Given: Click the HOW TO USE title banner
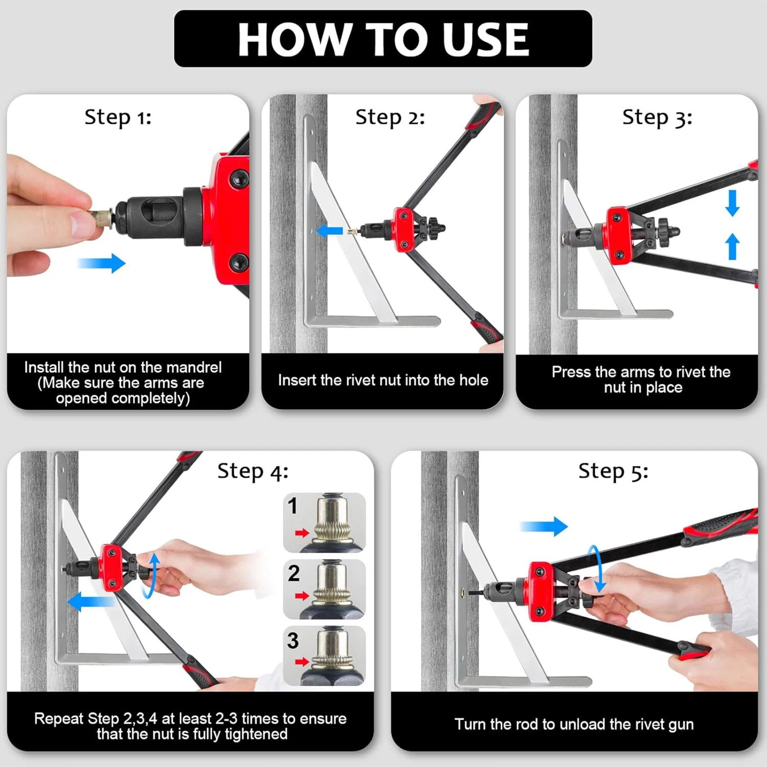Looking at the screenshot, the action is click(383, 39).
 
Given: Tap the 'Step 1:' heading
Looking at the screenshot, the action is click(118, 118).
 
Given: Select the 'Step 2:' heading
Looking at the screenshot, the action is click(390, 118).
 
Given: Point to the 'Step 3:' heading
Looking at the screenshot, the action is click(657, 118).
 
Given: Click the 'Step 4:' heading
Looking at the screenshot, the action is click(253, 471).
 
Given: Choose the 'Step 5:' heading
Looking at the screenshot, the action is click(613, 471).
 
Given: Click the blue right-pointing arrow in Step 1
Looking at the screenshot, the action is click(101, 263).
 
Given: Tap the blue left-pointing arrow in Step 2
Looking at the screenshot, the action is click(329, 230).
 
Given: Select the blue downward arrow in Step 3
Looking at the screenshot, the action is click(732, 203).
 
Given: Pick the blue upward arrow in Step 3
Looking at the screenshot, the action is click(732, 246).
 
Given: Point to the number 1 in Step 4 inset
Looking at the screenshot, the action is click(292, 506).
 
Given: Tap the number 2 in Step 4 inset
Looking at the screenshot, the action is click(294, 573).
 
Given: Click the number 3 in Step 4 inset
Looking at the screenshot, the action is click(293, 640).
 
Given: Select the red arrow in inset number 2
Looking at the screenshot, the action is click(302, 596).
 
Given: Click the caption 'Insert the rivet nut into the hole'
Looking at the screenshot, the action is click(383, 380).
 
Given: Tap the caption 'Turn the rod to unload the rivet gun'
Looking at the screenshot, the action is click(574, 724).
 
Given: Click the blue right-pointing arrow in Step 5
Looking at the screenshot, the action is click(544, 526).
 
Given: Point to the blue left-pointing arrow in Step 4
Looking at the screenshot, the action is click(92, 601).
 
